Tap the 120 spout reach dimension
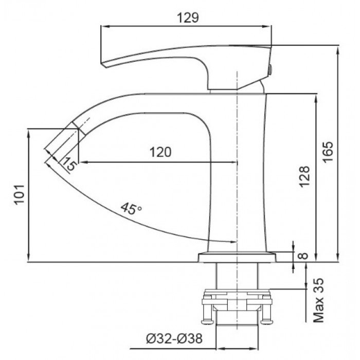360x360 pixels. (x=160, y=152)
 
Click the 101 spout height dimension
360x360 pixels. (x=19, y=195)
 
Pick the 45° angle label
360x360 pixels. (x=131, y=208)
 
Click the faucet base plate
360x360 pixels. (x=237, y=257)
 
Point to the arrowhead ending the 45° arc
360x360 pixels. (x=232, y=242)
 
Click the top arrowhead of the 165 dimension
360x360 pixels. (x=337, y=49)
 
